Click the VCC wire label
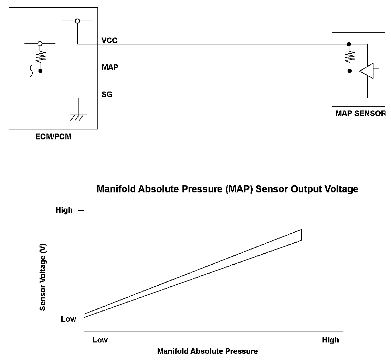click(109, 40)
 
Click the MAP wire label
click(110, 67)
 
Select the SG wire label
click(107, 94)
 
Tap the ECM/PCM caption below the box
click(53, 137)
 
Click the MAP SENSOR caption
click(360, 113)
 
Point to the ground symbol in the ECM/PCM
click(78, 117)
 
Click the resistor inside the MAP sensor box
click(350, 56)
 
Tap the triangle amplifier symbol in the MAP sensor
click(366, 71)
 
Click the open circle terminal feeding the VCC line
click(77, 21)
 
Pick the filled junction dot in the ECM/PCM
click(40, 71)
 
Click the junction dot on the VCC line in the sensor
click(349, 44)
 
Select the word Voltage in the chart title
click(341, 189)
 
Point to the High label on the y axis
click(64, 210)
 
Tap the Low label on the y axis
click(68, 319)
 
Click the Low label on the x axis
click(100, 340)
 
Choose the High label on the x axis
click(330, 340)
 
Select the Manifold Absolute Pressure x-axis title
click(207, 351)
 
